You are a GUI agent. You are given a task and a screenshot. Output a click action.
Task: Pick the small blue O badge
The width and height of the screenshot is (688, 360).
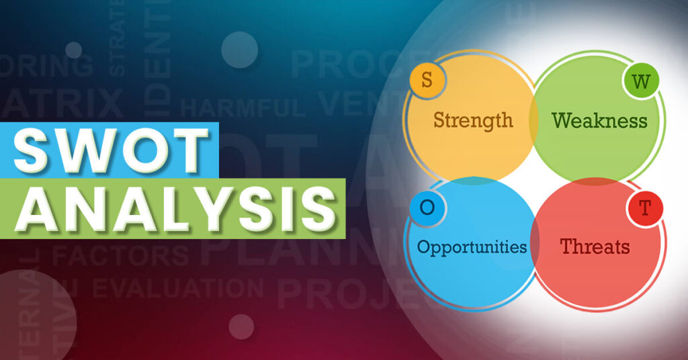pos(427,207)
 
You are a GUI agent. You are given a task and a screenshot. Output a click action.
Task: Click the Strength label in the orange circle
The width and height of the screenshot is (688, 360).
pos(473,121)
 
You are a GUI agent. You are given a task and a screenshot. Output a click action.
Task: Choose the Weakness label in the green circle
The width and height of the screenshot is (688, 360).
pos(599,121)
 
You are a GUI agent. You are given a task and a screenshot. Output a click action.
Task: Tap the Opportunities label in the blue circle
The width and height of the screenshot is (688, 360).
pos(472,246)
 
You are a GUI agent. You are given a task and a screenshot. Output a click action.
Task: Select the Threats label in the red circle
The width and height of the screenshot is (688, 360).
pos(595,246)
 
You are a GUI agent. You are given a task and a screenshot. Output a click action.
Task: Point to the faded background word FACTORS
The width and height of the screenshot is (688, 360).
pos(121,255)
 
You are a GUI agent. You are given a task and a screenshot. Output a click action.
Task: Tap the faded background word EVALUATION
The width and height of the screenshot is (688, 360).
pos(178,288)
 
